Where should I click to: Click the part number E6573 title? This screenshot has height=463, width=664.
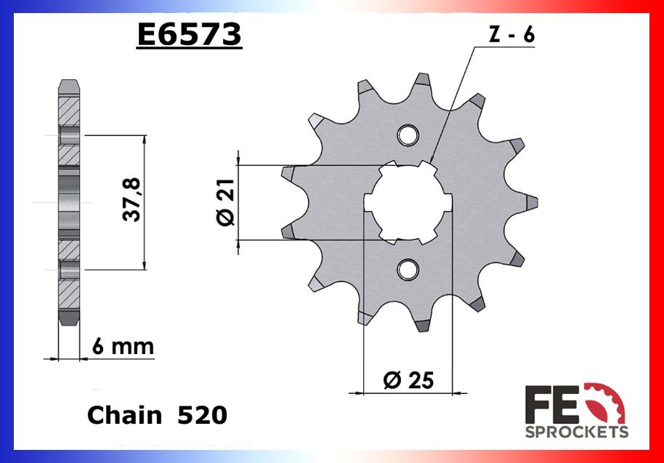(x=189, y=34)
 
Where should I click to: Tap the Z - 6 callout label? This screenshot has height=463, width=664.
(x=512, y=36)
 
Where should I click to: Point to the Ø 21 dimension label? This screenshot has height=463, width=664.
(x=224, y=204)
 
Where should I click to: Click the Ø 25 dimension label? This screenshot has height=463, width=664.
(x=407, y=379)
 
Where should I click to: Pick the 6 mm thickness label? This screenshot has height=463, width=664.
(x=124, y=347)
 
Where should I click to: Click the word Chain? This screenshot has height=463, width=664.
(x=124, y=415)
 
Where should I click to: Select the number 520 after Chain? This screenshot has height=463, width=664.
(x=203, y=415)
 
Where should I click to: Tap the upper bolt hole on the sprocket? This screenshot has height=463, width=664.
(x=408, y=134)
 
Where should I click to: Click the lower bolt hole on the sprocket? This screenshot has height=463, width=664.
(x=408, y=270)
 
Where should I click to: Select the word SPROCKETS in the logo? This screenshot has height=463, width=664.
(x=577, y=432)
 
